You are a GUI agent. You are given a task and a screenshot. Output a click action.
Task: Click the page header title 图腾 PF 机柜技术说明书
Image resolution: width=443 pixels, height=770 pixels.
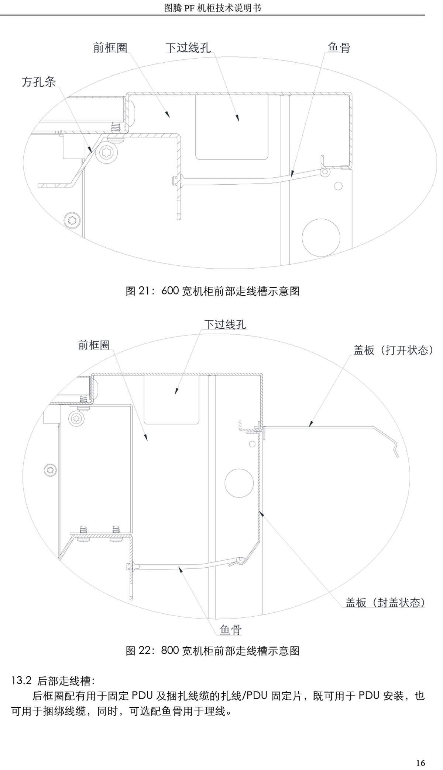coord(213,8)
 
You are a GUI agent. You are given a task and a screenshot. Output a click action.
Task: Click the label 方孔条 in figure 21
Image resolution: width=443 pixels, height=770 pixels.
coord(39,81)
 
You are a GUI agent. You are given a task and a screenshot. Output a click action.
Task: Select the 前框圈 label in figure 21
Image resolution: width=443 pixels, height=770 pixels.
coord(110,48)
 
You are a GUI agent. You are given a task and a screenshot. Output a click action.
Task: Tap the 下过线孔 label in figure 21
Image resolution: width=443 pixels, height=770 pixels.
coord(188,48)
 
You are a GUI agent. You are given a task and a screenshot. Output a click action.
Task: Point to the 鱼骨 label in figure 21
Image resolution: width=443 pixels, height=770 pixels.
coord(339,48)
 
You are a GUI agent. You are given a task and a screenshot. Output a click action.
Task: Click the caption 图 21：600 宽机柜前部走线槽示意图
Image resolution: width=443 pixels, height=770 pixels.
coord(213,291)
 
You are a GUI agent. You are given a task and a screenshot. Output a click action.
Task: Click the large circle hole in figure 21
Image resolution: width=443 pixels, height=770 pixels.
coord(321,237)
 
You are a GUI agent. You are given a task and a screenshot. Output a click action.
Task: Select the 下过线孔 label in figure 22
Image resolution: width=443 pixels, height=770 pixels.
coord(225,324)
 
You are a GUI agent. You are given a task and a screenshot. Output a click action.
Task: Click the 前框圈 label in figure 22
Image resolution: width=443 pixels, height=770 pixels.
coord(94,345)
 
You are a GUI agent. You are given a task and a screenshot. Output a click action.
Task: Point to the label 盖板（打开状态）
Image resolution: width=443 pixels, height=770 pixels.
coord(394,350)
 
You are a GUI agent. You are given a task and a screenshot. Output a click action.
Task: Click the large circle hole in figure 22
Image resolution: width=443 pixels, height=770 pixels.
coord(239,483)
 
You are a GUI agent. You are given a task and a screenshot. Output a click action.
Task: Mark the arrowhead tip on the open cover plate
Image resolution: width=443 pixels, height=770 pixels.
coord(309,427)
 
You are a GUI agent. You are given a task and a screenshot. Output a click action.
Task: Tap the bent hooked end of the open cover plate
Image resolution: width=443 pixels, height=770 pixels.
coord(396,449)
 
